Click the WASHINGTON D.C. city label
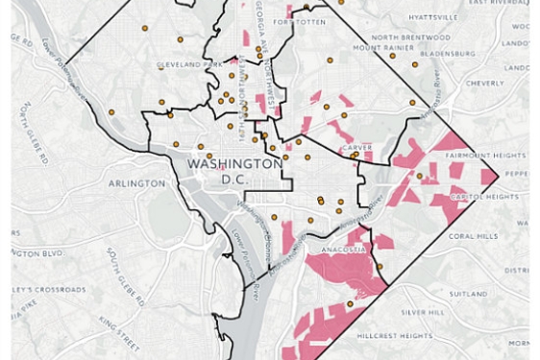[x=234, y=171]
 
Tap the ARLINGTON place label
[x=135, y=182]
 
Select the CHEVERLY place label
[x=484, y=83]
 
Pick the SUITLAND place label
[x=472, y=294]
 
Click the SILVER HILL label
[x=424, y=312]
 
